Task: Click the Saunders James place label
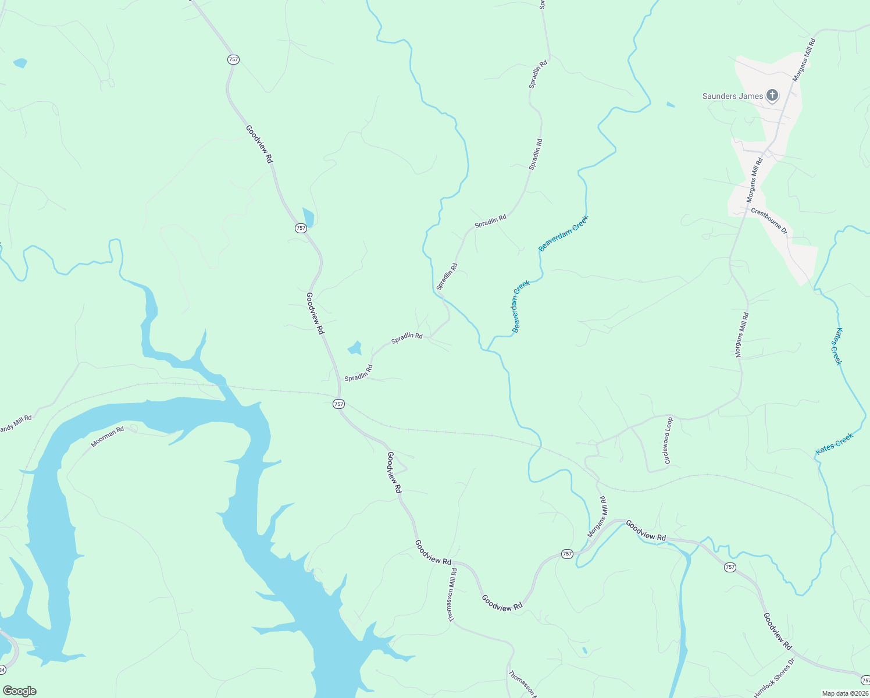[732, 96]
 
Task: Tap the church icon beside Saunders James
[772, 95]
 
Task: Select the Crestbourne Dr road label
[769, 220]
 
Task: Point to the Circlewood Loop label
[668, 440]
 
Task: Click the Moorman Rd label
[108, 437]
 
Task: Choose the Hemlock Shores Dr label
[774, 678]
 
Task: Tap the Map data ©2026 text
[844, 693]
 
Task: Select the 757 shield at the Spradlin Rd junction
[338, 404]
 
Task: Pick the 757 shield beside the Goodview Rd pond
[300, 228]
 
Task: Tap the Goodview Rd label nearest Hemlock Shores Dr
[778, 631]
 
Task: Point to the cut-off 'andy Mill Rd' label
[16, 423]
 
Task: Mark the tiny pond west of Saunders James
[671, 105]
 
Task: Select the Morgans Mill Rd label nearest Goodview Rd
[597, 517]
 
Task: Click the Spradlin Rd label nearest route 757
[358, 373]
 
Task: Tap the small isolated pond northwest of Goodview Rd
[20, 63]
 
